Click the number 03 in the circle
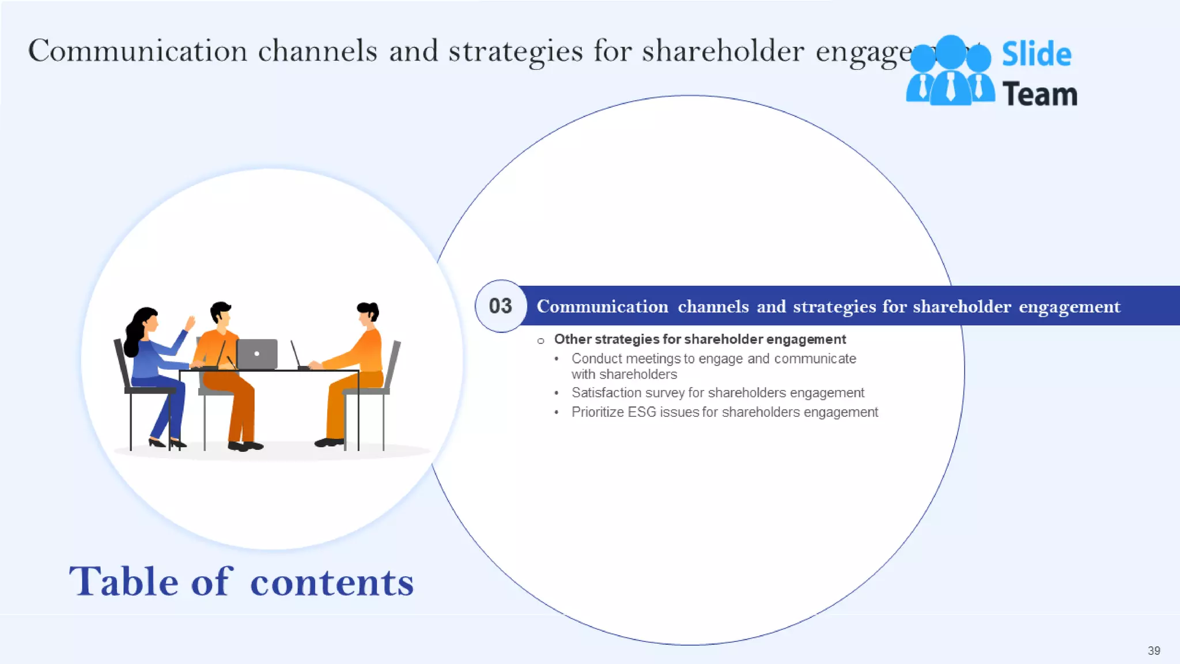(x=500, y=306)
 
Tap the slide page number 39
(x=1153, y=651)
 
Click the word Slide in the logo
(x=1036, y=55)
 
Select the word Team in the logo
(x=1039, y=95)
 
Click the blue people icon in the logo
(x=950, y=72)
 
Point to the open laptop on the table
(x=257, y=354)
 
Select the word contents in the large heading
(x=332, y=582)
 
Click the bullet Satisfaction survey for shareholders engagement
(x=717, y=393)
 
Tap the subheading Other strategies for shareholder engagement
(x=699, y=339)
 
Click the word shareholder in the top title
(x=722, y=51)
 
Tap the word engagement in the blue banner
(x=1069, y=307)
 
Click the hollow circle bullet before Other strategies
(x=540, y=341)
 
